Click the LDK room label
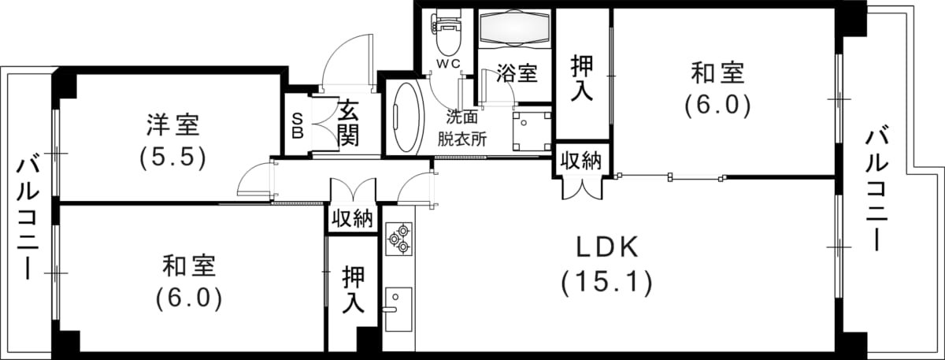[x=606, y=248]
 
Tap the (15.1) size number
[x=606, y=282]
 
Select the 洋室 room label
[x=172, y=124]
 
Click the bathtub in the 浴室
[x=515, y=29]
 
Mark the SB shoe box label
[x=298, y=125]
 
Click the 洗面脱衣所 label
[x=462, y=128]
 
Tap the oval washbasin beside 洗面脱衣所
[x=406, y=117]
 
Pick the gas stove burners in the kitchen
[x=398, y=238]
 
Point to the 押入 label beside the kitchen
[x=352, y=291]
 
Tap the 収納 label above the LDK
[x=581, y=161]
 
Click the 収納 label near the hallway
[x=351, y=219]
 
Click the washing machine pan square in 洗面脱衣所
[x=530, y=130]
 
